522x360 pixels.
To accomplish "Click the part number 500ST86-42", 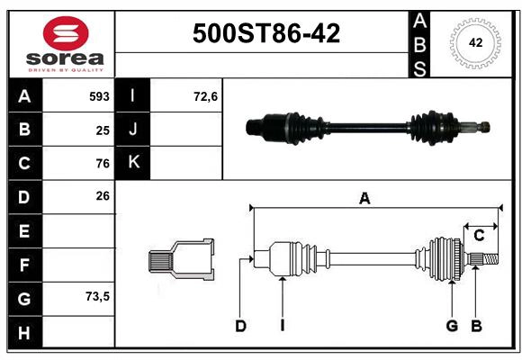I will pos(266,33).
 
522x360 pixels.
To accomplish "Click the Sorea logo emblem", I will pos(66,34).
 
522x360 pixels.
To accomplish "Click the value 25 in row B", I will pos(103,130).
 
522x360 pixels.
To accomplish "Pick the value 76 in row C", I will pos(103,164).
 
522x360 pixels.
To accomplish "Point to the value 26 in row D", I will pos(103,195).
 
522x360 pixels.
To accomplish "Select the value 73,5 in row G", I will pos(96,296).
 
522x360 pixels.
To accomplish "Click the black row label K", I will pos(133,163).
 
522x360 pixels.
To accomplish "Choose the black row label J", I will pos(133,130).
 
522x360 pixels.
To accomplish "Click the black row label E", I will pos(24,231).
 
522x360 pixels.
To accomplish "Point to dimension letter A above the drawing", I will pos(364,199).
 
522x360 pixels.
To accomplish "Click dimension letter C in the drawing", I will pos(480,235).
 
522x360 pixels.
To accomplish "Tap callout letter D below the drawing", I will pos(240,326).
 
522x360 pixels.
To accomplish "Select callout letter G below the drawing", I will pos(452,326).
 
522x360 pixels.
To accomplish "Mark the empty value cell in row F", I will pos(79,265).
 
